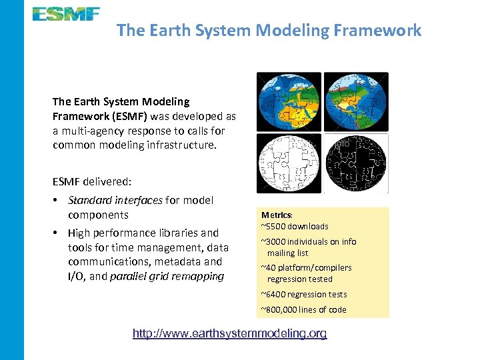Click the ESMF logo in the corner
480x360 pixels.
pyautogui.click(x=66, y=14)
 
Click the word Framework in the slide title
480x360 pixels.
pyautogui.click(x=381, y=30)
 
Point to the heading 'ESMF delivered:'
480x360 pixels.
pyautogui.click(x=92, y=181)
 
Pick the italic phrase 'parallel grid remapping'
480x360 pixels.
pyautogui.click(x=167, y=276)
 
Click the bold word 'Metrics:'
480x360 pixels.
pyautogui.click(x=276, y=215)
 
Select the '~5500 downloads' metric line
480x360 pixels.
pyautogui.click(x=294, y=226)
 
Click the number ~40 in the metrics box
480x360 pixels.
pyautogui.click(x=269, y=267)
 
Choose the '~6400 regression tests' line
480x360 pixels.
pyautogui.click(x=303, y=294)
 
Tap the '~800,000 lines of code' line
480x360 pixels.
pyautogui.click(x=303, y=309)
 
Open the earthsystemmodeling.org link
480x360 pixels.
pyautogui.click(x=230, y=333)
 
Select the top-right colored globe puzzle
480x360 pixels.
pyautogui.click(x=355, y=101)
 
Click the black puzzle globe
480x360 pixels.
pyautogui.click(x=355, y=163)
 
